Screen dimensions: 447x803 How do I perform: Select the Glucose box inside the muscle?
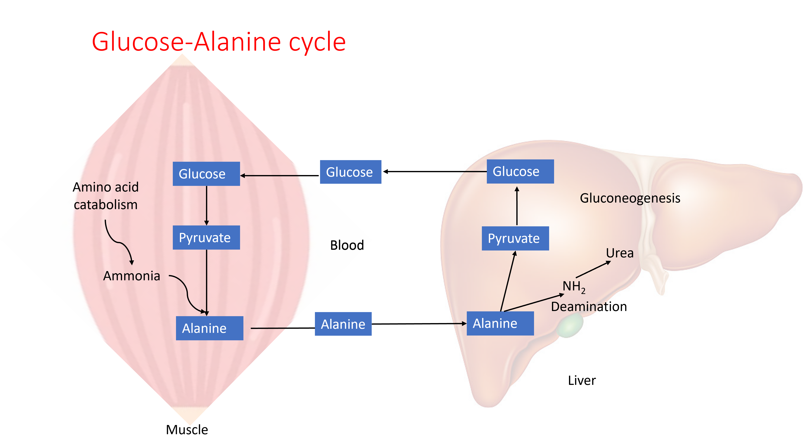206,174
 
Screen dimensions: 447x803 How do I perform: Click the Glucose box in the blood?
350,172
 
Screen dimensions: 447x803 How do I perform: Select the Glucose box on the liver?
520,171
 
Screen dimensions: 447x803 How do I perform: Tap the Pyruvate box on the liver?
515,238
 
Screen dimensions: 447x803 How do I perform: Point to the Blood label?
347,245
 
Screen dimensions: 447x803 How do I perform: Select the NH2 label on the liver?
574,286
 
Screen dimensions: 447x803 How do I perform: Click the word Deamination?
588,307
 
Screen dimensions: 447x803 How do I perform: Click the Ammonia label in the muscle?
131,276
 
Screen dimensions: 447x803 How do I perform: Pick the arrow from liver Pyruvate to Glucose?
517,206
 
